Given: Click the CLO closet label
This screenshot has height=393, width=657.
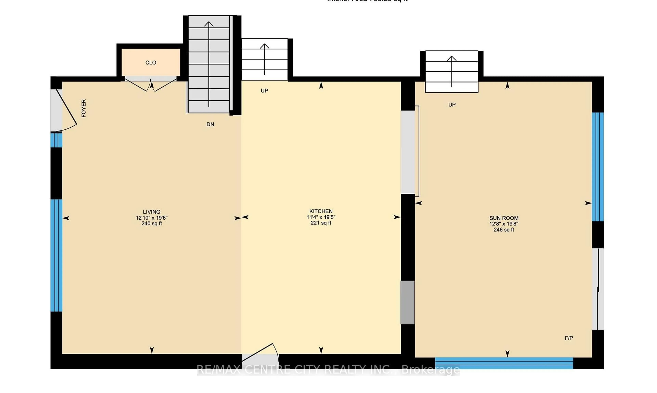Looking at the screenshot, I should [151, 63].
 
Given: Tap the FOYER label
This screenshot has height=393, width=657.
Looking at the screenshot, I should [84, 108].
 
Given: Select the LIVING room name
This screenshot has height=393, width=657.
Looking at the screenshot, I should [152, 212].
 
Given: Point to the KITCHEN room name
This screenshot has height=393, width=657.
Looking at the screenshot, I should [321, 211].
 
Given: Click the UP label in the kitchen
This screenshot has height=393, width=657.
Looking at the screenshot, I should [264, 91].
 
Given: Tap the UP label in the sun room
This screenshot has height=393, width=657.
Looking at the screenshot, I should [452, 105].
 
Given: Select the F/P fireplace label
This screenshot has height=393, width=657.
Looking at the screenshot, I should [569, 338].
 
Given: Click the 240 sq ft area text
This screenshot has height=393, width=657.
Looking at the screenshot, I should [152, 224].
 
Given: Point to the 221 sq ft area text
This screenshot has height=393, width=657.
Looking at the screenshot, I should [321, 223].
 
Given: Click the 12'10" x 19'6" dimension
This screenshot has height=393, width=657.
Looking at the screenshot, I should [152, 218].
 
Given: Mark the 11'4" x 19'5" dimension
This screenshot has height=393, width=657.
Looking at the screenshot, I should [321, 217].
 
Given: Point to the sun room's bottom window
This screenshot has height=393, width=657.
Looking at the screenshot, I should [504, 363].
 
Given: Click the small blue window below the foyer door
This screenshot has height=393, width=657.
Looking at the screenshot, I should [56, 140].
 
